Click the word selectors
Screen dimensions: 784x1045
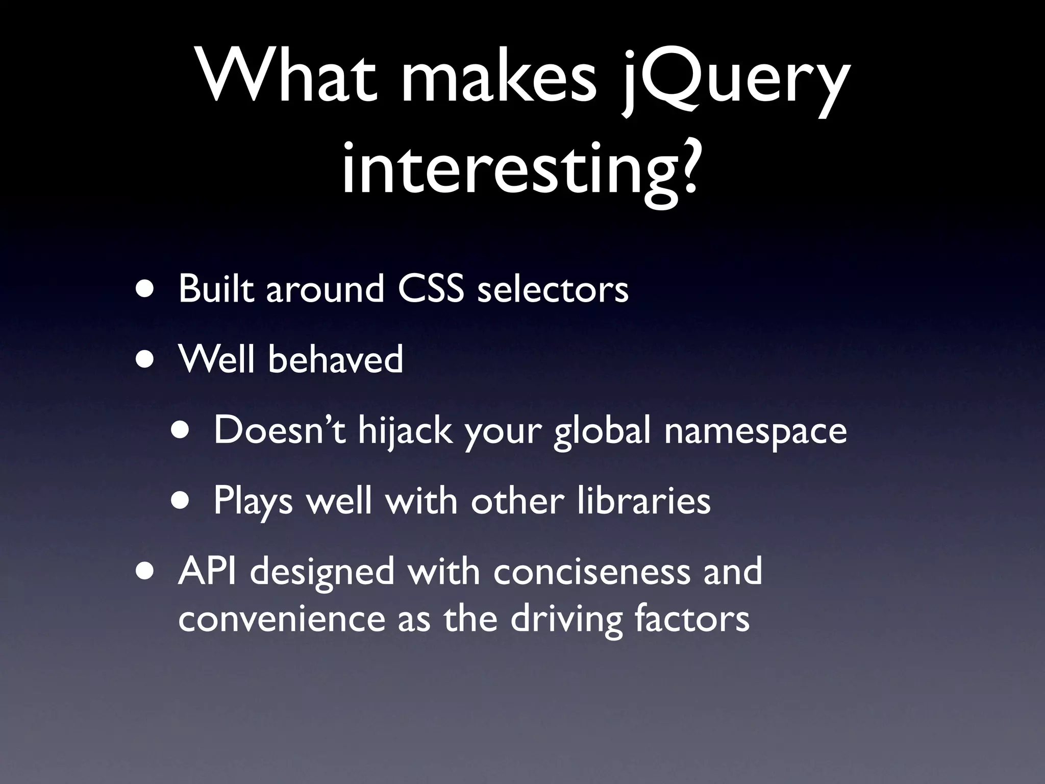[x=552, y=289]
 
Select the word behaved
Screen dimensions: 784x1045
[x=335, y=359]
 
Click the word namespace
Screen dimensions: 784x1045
[x=755, y=430]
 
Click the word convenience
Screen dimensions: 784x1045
[x=281, y=618]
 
